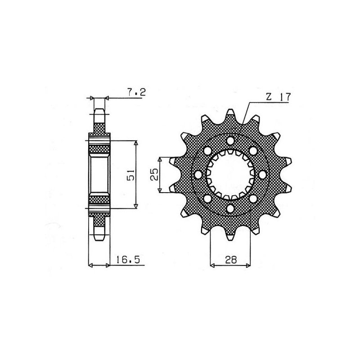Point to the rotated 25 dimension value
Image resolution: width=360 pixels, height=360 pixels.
click(x=154, y=175)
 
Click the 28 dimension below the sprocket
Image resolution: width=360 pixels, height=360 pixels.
click(x=231, y=260)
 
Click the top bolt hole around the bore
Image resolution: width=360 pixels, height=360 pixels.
click(x=230, y=141)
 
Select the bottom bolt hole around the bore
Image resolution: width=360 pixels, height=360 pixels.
click(x=230, y=208)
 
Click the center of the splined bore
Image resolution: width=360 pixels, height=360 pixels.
click(x=230, y=175)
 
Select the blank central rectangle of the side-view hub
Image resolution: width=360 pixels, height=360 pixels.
click(x=99, y=174)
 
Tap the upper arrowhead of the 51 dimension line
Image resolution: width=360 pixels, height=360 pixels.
click(x=136, y=143)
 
